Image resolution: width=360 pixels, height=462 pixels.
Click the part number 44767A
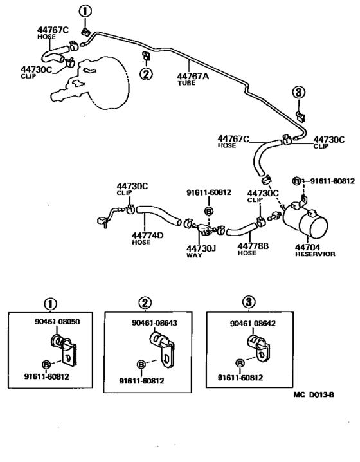[194, 75]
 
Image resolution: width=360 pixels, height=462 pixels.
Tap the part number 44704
[308, 246]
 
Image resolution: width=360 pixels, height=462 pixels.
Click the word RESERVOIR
[314, 254]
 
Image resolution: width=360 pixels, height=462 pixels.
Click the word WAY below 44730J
[194, 255]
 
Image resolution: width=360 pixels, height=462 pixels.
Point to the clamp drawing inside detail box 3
[260, 348]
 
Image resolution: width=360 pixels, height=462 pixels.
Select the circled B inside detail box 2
[141, 365]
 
